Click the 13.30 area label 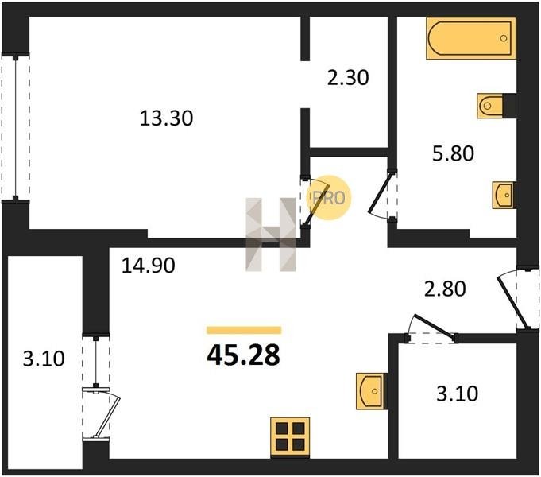point(166,118)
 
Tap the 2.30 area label point(348,77)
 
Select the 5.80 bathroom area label point(453,153)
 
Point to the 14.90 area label point(149,266)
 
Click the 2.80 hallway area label point(445,289)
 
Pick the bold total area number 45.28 point(243,356)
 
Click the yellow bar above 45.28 point(244,330)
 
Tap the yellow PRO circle point(328,198)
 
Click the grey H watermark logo point(270,235)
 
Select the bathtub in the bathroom point(470,38)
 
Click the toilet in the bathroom point(490,106)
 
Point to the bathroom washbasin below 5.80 point(504,195)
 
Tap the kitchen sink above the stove point(371,391)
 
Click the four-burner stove point(290,437)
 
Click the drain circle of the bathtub point(504,38)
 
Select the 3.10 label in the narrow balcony point(44,359)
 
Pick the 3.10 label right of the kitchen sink point(457,394)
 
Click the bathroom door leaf point(381,192)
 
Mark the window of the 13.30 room point(16,126)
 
